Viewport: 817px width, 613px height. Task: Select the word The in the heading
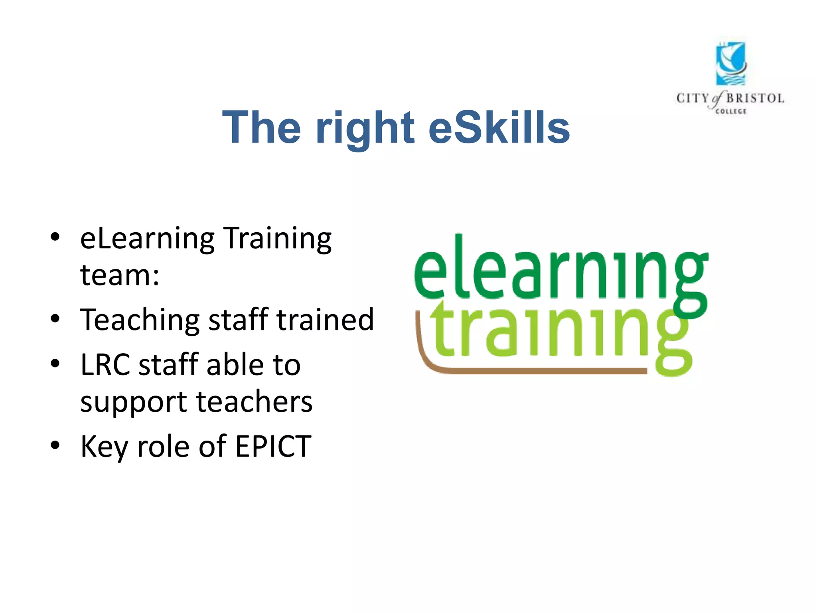point(261,128)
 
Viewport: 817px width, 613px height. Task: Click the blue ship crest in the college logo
point(730,64)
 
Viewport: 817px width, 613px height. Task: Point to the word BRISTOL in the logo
point(755,98)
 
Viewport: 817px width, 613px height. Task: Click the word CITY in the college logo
point(693,98)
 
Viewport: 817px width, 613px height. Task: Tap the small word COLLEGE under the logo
point(730,111)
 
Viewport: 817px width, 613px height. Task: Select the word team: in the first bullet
point(120,275)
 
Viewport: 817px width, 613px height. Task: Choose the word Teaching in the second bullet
point(140,320)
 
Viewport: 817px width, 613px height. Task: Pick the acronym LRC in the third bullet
point(105,365)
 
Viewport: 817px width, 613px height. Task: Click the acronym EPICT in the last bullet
point(273,446)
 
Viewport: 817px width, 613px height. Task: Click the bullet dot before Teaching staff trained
point(55,319)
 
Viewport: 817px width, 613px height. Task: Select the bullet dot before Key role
point(55,445)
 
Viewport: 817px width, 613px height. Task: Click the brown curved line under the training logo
point(519,371)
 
